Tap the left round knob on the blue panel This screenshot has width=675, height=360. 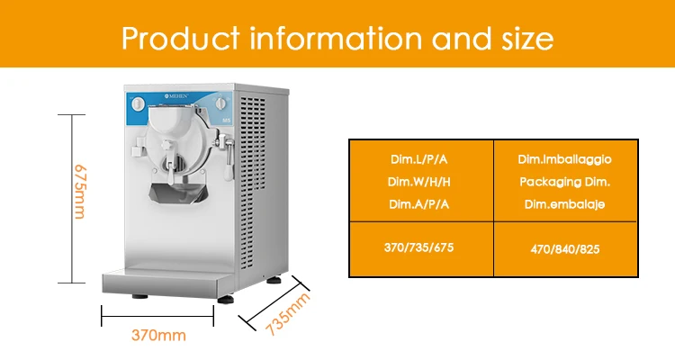coord(138,105)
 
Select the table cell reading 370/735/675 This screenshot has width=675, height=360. coord(419,248)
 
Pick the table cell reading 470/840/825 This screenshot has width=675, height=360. coord(564,248)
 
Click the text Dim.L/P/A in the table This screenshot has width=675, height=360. coord(419,159)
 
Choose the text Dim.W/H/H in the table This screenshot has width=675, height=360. coord(419,182)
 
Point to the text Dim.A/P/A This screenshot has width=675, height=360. coord(419,204)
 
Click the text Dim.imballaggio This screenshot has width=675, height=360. coord(564,159)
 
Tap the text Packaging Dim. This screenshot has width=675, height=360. coord(564,182)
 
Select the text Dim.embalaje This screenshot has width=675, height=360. coord(564,204)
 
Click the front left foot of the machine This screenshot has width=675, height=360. coord(139,295)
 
